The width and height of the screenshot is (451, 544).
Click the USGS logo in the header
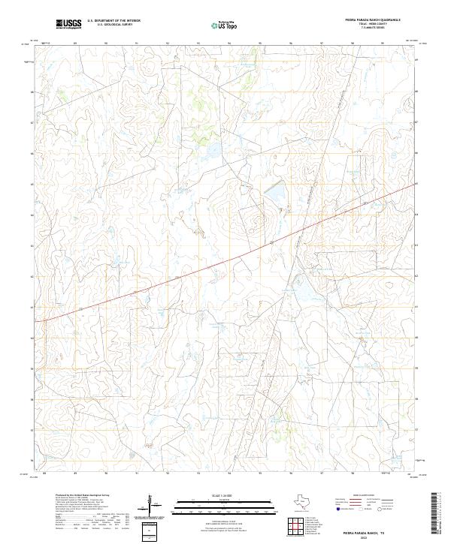pos(68,24)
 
